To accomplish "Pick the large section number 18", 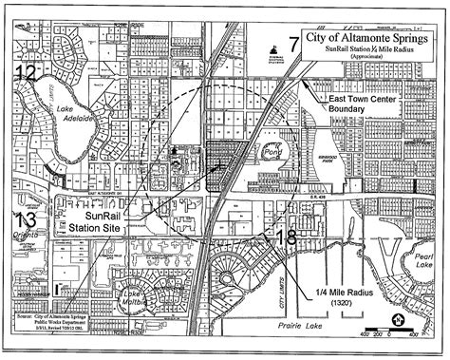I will click(286, 238).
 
